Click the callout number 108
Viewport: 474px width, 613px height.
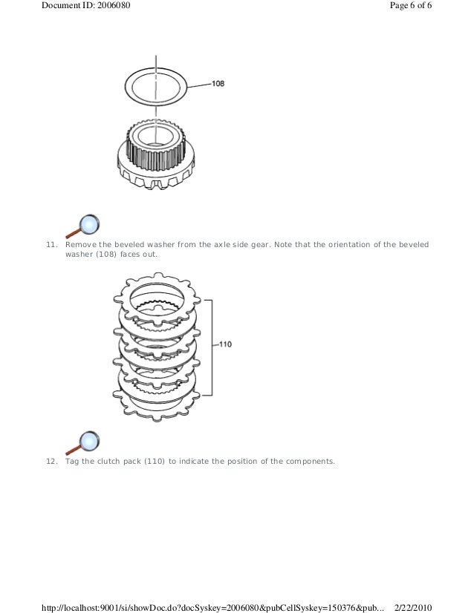(218, 84)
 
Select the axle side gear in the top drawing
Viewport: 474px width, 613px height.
(155, 157)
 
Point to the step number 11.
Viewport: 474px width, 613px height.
(51, 244)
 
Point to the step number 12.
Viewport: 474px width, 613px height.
(51, 461)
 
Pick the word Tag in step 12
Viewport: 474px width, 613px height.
(72, 461)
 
